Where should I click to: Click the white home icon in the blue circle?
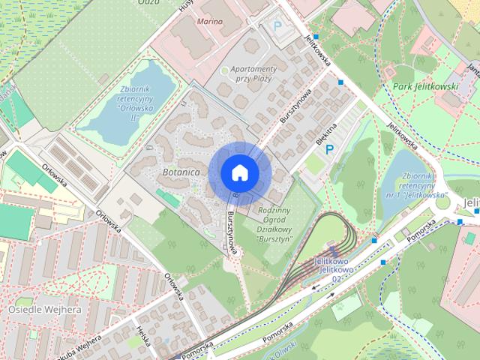click(238, 172)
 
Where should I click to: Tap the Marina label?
click(209, 22)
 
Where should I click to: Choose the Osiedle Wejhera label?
click(35, 308)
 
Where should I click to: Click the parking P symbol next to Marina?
click(277, 26)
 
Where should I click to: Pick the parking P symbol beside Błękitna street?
click(329, 150)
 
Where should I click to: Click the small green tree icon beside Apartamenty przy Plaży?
click(224, 71)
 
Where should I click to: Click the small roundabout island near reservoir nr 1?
click(442, 202)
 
